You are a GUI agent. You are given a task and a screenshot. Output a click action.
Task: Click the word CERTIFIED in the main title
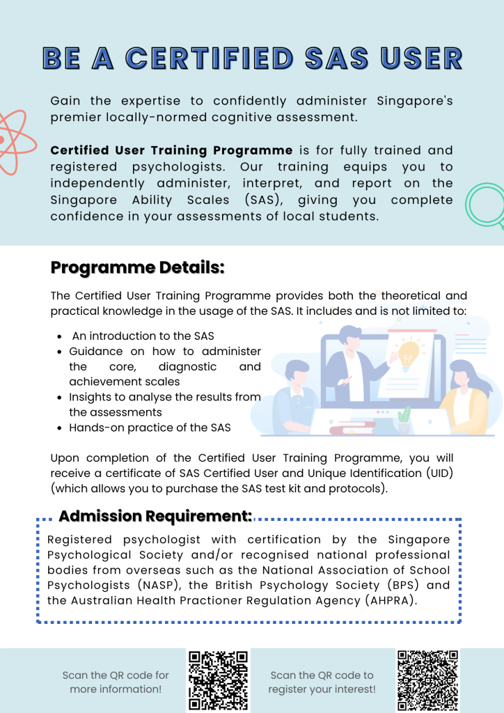[209, 59]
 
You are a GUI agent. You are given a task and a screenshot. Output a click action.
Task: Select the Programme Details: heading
[137, 267]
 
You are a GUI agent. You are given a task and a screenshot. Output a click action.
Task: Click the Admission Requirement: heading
[155, 516]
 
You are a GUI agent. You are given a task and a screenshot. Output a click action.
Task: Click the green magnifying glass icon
[485, 203]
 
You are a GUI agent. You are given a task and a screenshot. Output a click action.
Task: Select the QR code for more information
[218, 680]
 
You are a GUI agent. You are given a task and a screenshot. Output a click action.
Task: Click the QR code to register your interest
[427, 680]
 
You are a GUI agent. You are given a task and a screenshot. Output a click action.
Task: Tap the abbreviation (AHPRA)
[386, 600]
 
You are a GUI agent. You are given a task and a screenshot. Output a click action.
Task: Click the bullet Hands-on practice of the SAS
[150, 428]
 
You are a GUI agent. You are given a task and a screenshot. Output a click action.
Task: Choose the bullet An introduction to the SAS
[143, 336]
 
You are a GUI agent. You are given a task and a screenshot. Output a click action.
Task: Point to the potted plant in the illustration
[404, 421]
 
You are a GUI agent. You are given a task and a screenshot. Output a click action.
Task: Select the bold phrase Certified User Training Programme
[172, 150]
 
